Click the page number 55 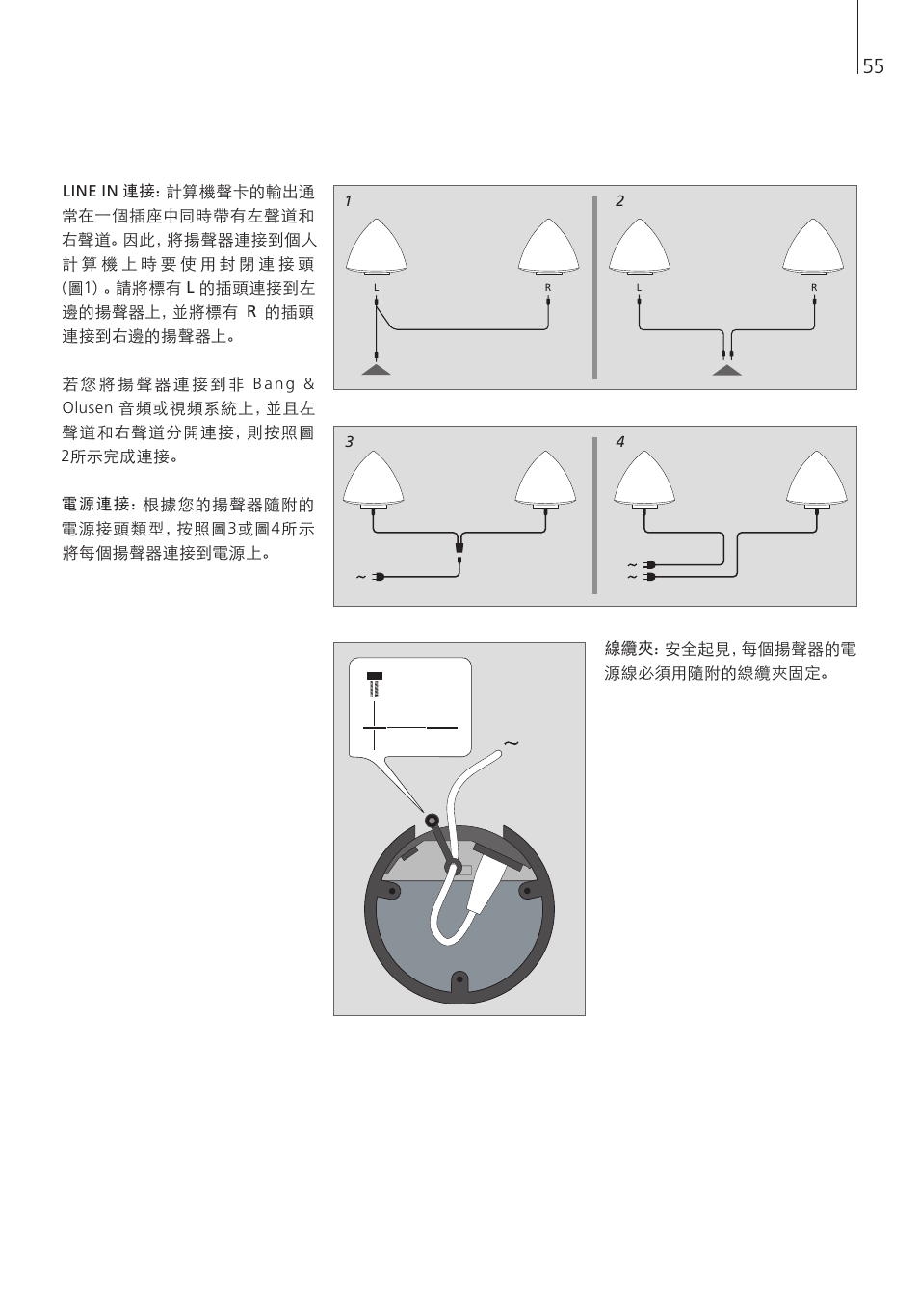(873, 66)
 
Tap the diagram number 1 (349, 201)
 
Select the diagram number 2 (619, 201)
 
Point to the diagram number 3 (349, 442)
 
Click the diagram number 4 (620, 442)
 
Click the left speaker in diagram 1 (377, 247)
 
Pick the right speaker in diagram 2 (813, 247)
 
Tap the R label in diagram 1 (548, 288)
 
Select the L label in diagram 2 (639, 288)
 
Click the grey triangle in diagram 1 (377, 370)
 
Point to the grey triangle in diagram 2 (726, 370)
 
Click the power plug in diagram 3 (378, 577)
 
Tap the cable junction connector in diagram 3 (459, 548)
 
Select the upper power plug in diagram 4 (648, 564)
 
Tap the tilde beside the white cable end (511, 743)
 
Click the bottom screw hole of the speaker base (459, 979)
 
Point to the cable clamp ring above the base (432, 821)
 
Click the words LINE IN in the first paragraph (91, 192)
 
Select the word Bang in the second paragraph (274, 385)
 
